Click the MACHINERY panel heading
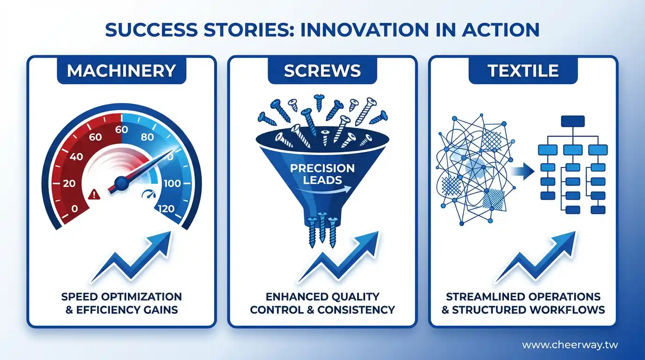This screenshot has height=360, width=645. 121,71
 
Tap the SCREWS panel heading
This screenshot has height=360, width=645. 322,71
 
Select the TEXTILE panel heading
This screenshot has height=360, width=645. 523,71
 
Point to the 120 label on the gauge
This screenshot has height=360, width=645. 166,209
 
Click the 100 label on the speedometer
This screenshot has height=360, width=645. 172,183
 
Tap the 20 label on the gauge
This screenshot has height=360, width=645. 69,183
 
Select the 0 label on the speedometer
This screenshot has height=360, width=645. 75,209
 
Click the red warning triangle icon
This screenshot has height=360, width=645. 94,195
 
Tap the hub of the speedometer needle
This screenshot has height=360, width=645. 121,183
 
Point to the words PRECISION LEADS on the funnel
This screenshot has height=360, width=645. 322,174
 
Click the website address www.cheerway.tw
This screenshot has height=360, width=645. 570,345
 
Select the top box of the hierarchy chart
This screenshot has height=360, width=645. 573,121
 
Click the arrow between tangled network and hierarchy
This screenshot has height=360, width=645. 523,172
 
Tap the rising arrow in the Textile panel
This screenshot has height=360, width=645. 536,257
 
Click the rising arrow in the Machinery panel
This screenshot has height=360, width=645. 131,257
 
